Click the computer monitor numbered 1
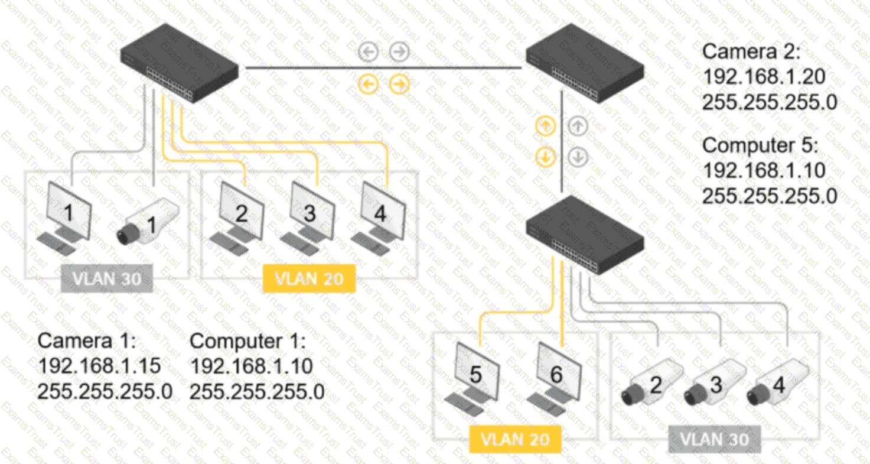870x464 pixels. coord(64,218)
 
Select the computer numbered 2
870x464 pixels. coord(237,218)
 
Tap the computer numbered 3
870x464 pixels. coord(308,218)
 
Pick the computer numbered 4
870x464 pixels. coord(379,218)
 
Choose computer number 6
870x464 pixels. coord(555,379)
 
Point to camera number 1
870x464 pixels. coord(148,222)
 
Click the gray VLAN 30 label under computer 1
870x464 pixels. coord(107,278)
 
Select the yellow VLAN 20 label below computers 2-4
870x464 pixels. coord(309,278)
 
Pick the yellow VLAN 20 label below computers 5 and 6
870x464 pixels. coord(516,440)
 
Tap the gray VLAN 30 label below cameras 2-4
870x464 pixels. coord(715,440)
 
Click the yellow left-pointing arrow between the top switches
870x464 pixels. coord(368,85)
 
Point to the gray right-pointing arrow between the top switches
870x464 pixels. coord(399,51)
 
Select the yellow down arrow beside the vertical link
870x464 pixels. coord(545,157)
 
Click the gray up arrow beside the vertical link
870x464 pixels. coord(578,126)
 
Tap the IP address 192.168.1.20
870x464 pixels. coord(764,77)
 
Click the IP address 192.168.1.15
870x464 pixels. coord(99,366)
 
